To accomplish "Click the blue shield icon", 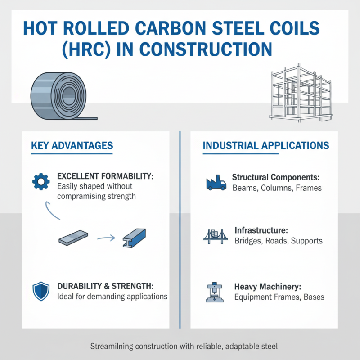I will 40,291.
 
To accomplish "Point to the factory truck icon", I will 215,182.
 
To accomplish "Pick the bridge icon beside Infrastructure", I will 216,236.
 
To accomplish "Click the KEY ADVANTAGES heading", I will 72,146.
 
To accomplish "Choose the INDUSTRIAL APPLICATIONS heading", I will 266,146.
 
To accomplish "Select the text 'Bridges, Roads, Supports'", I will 278,241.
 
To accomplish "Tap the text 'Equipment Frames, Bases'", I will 279,297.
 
